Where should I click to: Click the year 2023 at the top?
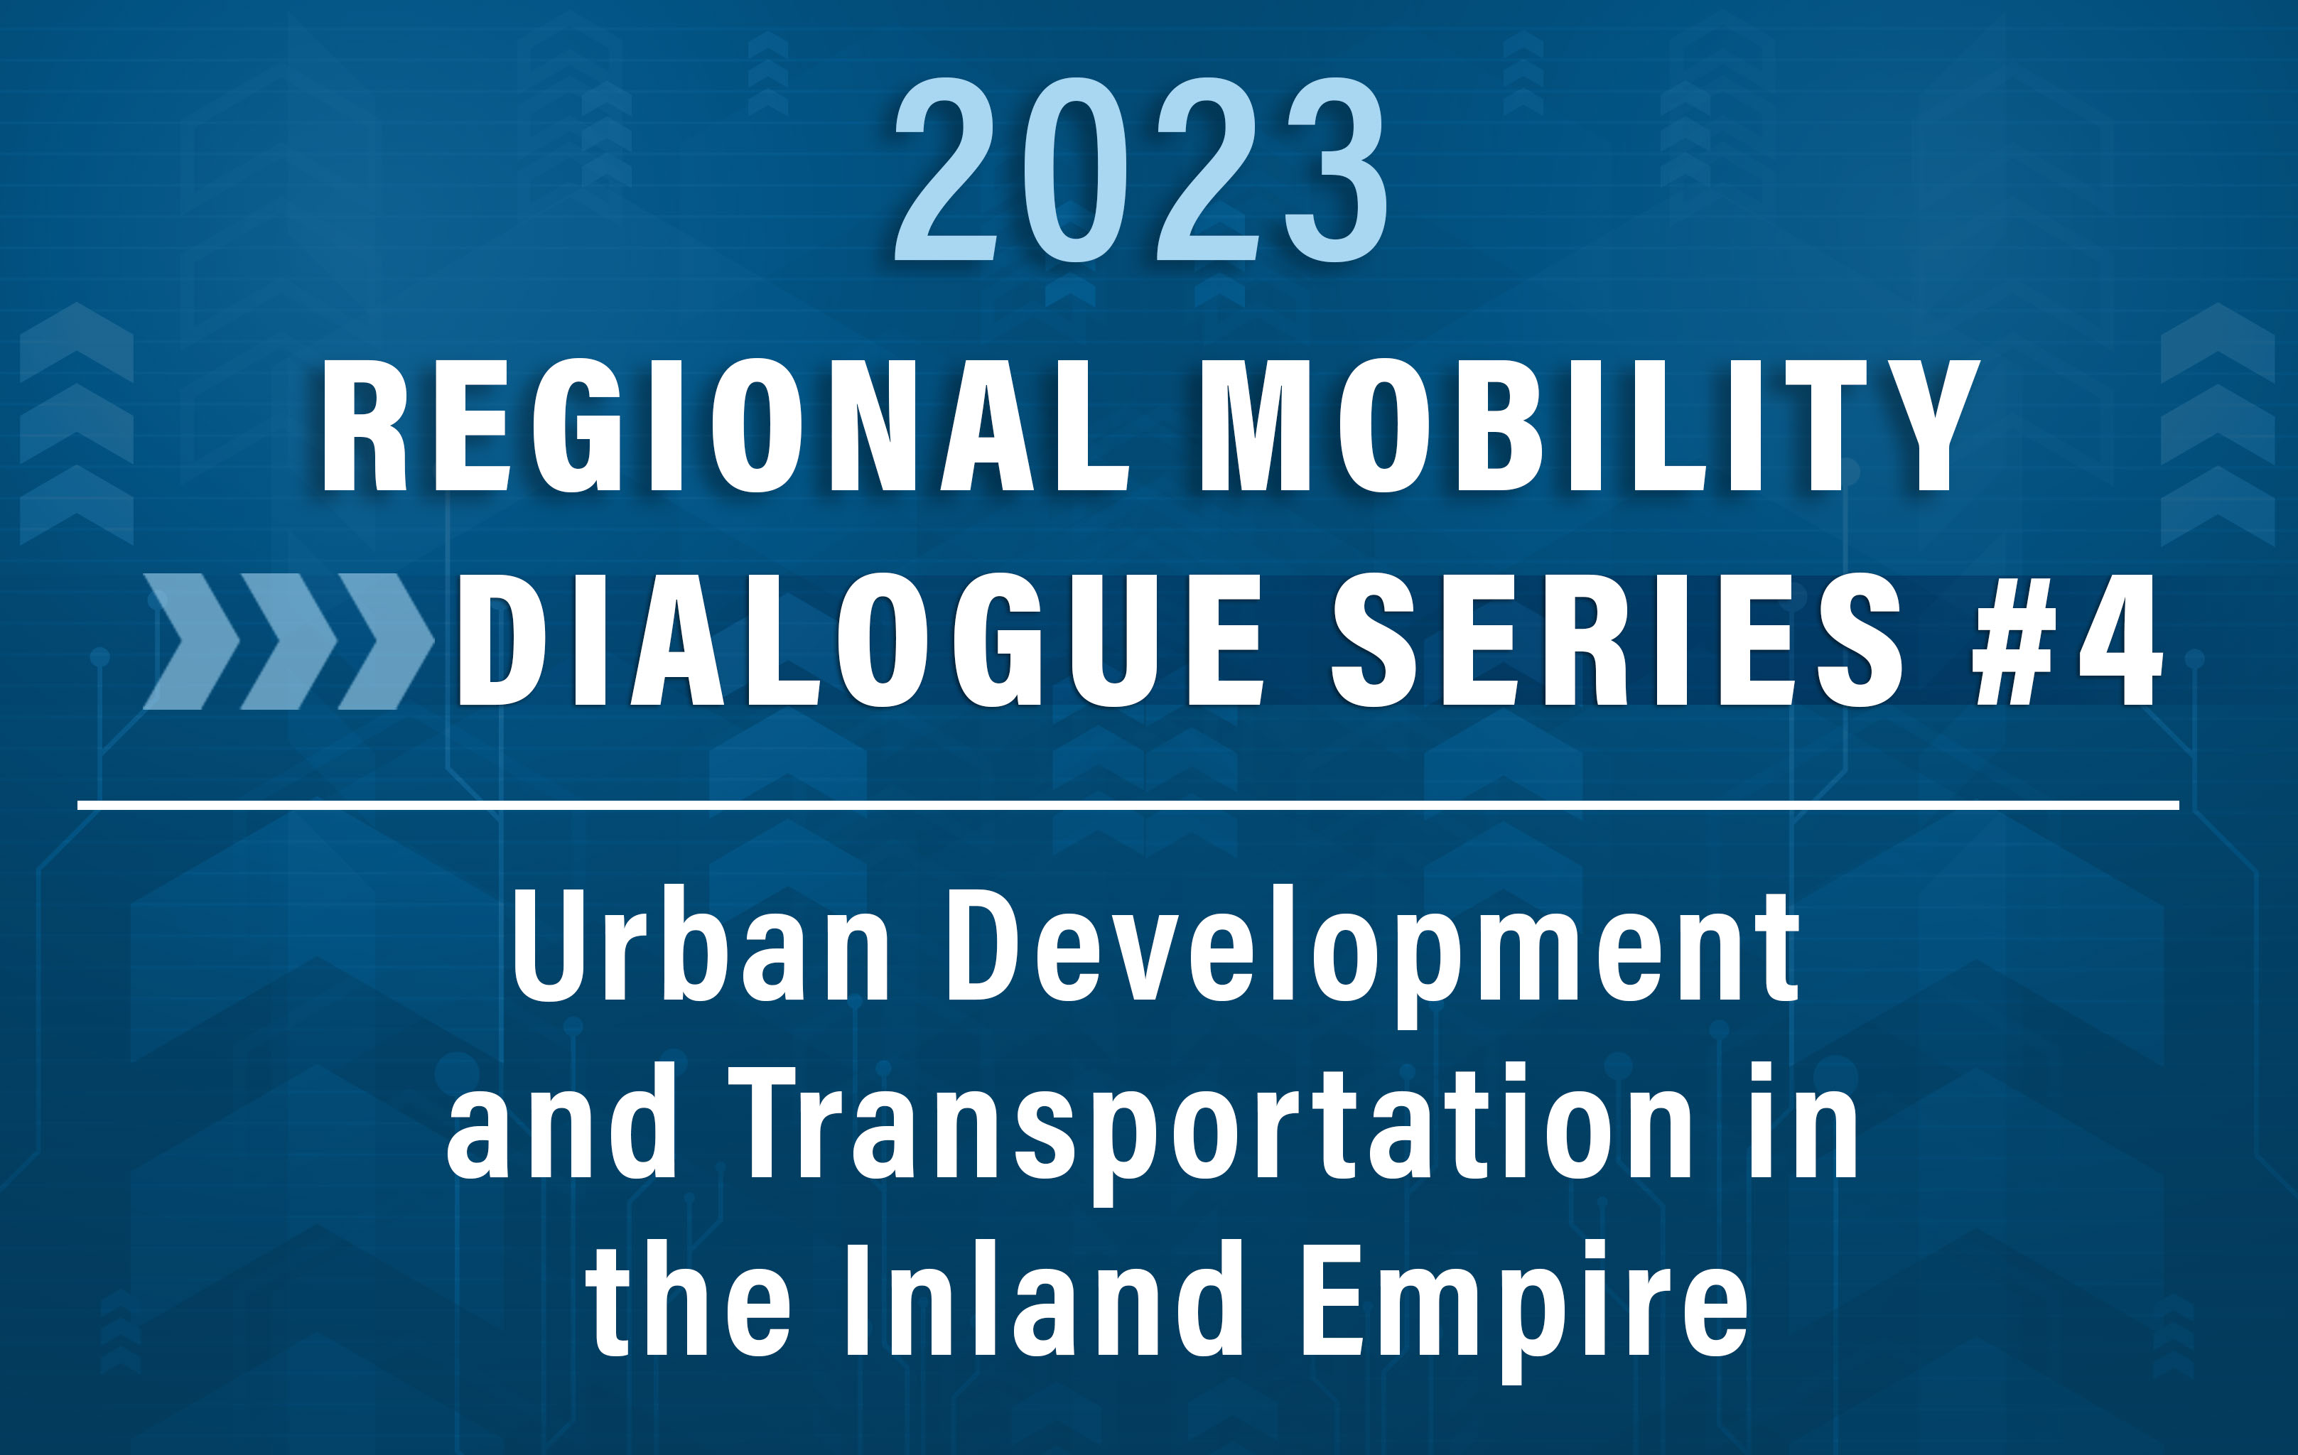coord(1140,169)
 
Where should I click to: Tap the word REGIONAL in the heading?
coord(725,426)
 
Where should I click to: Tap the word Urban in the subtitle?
coord(701,946)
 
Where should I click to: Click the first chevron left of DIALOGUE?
coord(192,641)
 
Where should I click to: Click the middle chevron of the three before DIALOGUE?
coord(289,641)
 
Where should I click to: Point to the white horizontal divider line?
coord(1128,805)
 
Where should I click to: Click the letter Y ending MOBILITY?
coord(1923,426)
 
